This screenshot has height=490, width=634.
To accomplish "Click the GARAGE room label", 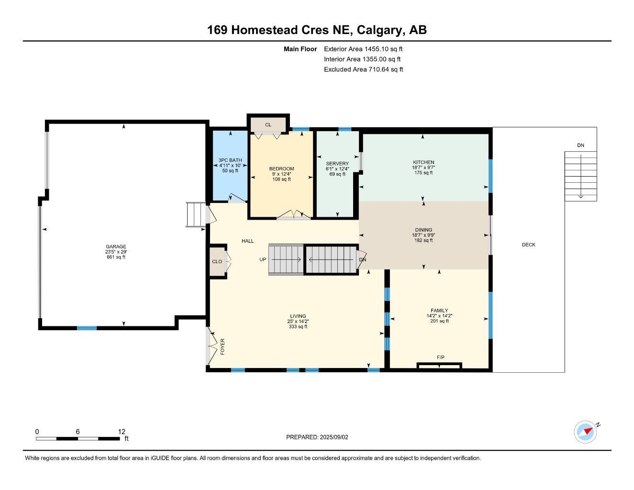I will click(x=116, y=246).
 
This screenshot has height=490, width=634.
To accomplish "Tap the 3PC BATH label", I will click(x=230, y=160).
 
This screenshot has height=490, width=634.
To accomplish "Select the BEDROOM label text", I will click(x=281, y=169).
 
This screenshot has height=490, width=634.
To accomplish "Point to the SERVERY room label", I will click(x=337, y=164).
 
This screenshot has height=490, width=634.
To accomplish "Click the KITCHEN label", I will click(x=423, y=162).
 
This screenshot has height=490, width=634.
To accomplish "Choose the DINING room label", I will click(x=423, y=230).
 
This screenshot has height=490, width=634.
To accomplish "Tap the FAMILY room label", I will click(x=439, y=311).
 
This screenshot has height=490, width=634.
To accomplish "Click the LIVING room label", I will click(x=298, y=316).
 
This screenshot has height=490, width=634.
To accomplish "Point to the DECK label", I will click(x=529, y=245).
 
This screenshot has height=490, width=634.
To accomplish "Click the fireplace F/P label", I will click(x=441, y=357).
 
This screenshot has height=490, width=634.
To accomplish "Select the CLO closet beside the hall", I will click(x=217, y=262).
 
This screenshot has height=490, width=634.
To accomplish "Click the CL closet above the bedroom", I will click(x=268, y=125).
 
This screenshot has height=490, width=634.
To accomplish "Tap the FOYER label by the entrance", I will click(x=222, y=346).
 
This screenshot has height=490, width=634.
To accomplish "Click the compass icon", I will click(x=586, y=432).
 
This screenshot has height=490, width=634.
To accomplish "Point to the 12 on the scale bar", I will click(x=122, y=431).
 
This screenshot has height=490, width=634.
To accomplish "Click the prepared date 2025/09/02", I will click(x=334, y=437).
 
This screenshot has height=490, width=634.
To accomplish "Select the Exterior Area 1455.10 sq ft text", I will click(x=363, y=49).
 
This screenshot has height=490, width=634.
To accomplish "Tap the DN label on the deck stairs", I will click(x=580, y=145).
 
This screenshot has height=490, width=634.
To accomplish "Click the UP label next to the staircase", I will click(x=263, y=260).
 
